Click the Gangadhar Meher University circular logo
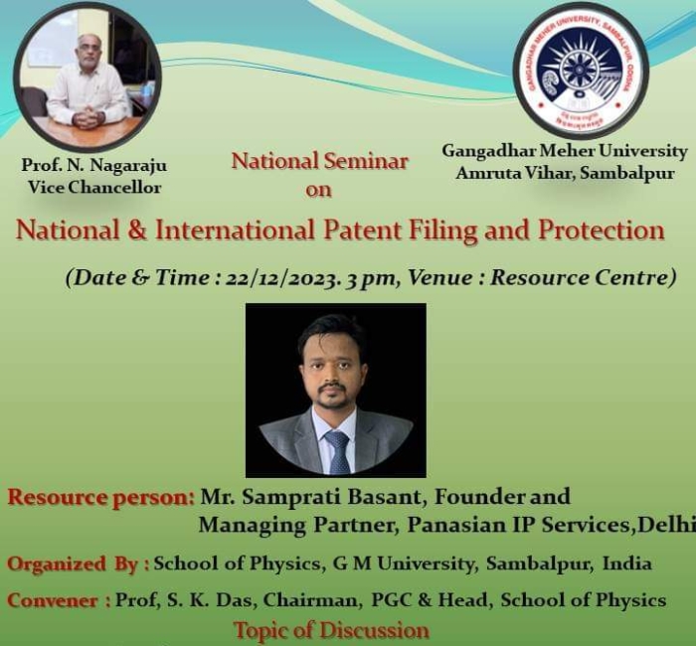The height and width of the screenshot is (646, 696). [x=581, y=72]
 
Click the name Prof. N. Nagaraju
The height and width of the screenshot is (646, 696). [x=94, y=165]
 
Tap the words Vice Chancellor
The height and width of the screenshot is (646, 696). [x=94, y=187]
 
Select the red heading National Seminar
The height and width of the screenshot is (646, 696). [x=319, y=161]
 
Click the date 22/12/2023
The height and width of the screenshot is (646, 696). [x=282, y=278]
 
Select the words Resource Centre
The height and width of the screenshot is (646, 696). [x=579, y=277]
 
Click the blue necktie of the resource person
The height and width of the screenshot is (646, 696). [x=338, y=451]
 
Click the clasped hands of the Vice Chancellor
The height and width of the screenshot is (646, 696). [x=88, y=118]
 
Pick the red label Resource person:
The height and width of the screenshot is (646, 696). [x=100, y=498]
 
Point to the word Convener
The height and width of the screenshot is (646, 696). [x=53, y=600]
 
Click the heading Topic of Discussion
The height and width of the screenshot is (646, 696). [x=331, y=630]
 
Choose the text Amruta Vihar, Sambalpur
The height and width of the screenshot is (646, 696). [x=565, y=173]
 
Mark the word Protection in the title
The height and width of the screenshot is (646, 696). [x=602, y=231]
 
